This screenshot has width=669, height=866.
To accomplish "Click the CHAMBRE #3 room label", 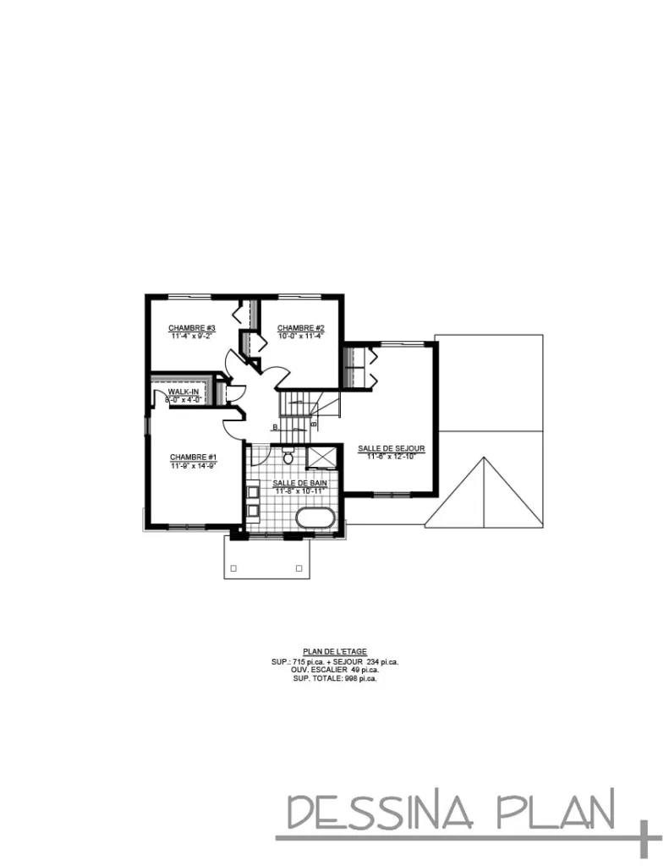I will tap(192, 328).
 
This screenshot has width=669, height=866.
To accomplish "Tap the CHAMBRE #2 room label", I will tap(301, 328).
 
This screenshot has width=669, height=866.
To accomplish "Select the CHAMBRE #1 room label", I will tap(194, 457).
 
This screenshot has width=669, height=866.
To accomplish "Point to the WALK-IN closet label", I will tap(183, 392).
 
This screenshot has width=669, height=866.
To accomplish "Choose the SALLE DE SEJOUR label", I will tap(391, 448).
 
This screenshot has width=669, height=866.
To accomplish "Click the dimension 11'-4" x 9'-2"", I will tap(192, 336).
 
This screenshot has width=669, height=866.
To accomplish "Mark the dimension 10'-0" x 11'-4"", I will tap(301, 336).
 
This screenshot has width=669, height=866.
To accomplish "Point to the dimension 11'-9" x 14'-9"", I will tap(194, 465).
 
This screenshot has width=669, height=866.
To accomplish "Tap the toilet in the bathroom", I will tap(288, 458).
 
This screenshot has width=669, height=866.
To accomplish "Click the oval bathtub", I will tap(315, 518).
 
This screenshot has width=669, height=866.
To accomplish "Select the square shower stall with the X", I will tap(321, 458).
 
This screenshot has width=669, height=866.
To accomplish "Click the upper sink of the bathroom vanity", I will tap(253, 491).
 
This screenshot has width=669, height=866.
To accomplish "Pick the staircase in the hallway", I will tap(301, 408).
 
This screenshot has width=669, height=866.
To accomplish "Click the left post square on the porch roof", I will tap(234, 567).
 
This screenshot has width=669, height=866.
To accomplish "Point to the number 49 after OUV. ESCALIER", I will tap(355, 670).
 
